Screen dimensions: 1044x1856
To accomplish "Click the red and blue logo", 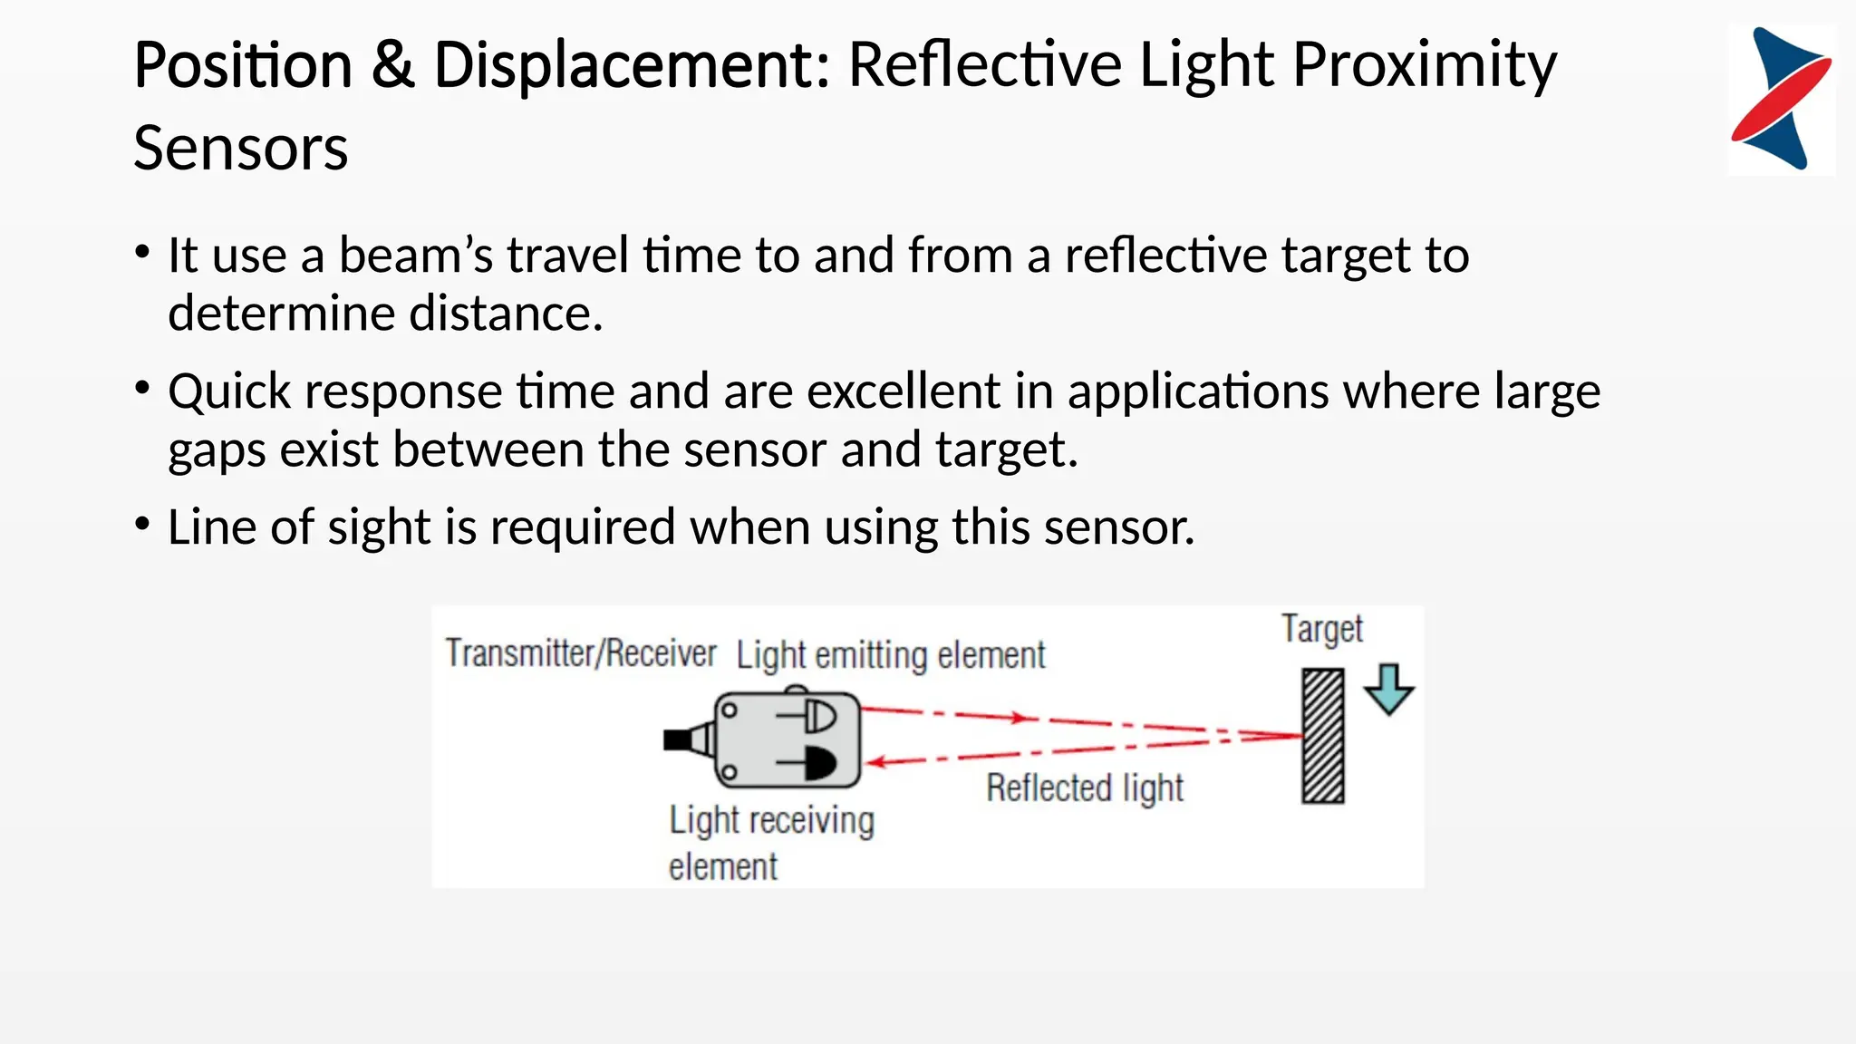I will pyautogui.click(x=1781, y=99).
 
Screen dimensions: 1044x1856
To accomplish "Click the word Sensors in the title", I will pyautogui.click(x=240, y=149).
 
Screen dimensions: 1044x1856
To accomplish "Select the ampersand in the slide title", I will pyautogui.click(x=392, y=66).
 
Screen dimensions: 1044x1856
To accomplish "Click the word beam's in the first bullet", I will pyautogui.click(x=416, y=256).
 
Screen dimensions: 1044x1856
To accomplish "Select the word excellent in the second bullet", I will pyautogui.click(x=903, y=391).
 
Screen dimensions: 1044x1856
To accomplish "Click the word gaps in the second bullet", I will pyautogui.click(x=216, y=451).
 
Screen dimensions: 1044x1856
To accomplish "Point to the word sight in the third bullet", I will pyautogui.click(x=378, y=527).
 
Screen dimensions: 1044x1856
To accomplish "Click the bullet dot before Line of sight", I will pyautogui.click(x=142, y=524).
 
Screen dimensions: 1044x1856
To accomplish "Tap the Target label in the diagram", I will pyautogui.click(x=1321, y=629).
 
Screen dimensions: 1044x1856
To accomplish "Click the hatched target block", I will pyautogui.click(x=1323, y=736).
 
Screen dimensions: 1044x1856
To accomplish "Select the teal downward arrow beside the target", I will pyautogui.click(x=1388, y=690).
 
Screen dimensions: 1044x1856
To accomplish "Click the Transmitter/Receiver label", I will pyautogui.click(x=580, y=652).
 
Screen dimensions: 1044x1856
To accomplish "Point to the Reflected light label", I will pyautogui.click(x=1084, y=788).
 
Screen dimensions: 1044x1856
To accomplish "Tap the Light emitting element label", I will pyautogui.click(x=890, y=655).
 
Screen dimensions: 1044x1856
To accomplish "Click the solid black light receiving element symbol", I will pyautogui.click(x=819, y=764).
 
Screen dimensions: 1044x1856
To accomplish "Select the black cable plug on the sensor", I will pyautogui.click(x=678, y=739).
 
